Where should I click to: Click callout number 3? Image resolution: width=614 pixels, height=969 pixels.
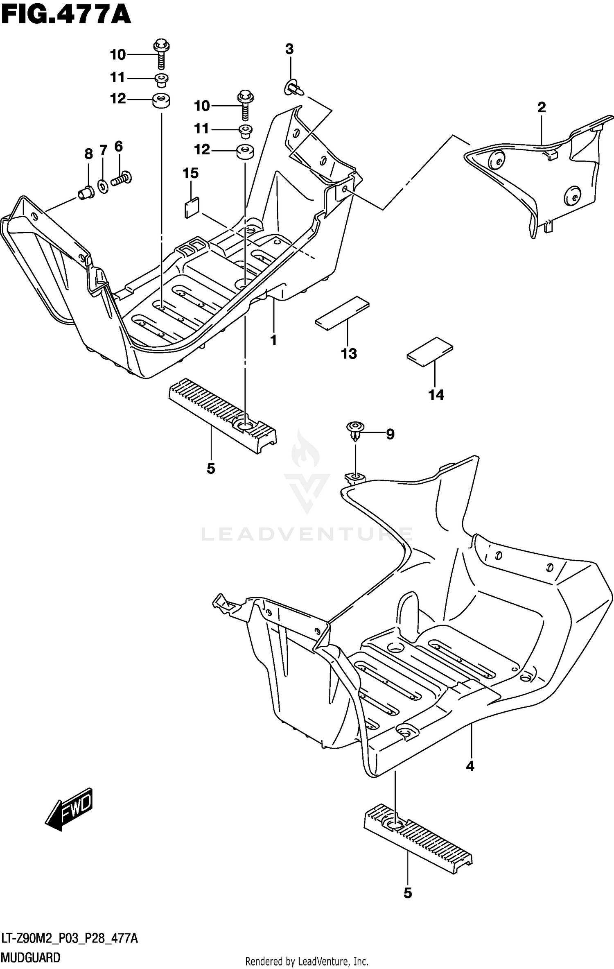point(289,50)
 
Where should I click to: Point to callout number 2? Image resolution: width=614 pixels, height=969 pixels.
point(541,108)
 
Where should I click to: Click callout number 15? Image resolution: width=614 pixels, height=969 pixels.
point(190,173)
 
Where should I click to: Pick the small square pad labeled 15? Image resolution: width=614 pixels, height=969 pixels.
point(192,207)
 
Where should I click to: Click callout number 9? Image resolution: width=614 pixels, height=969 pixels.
point(390,434)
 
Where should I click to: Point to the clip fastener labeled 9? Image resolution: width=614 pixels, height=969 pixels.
point(355,429)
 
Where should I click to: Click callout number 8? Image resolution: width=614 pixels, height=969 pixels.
point(88,154)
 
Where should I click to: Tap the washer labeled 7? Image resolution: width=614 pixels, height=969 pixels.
point(103,187)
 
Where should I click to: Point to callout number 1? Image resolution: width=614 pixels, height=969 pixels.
point(273,340)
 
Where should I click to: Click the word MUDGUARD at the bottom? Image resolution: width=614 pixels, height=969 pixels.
point(31,958)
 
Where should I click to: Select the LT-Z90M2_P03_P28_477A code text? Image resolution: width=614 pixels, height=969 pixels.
point(70,938)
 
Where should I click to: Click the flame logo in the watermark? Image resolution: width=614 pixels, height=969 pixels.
point(305,450)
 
